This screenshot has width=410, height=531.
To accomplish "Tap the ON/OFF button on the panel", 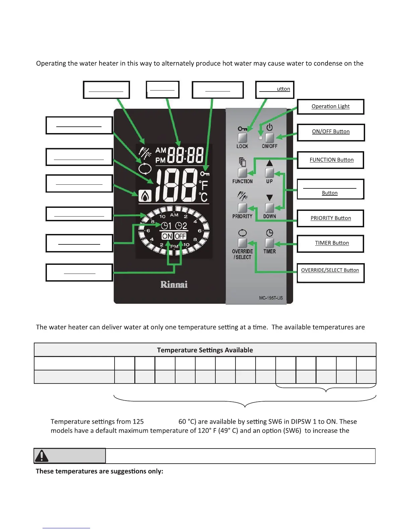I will click(x=269, y=137).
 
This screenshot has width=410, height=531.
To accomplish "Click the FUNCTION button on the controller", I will click(x=242, y=173).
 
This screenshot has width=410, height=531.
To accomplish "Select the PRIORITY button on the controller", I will click(x=242, y=208).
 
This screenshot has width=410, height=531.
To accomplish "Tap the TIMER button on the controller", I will click(x=269, y=243).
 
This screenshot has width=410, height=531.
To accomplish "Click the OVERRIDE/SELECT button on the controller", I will click(x=242, y=243).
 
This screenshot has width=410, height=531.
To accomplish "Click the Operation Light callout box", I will click(x=330, y=107).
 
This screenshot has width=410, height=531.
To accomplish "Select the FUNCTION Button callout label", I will click(x=331, y=160).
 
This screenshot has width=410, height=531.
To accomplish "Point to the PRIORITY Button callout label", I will click(x=330, y=218).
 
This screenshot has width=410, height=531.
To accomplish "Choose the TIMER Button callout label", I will click(x=331, y=243).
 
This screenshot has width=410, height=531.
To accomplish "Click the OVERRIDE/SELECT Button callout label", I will click(x=330, y=271).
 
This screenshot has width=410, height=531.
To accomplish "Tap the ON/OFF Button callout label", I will click(x=331, y=132).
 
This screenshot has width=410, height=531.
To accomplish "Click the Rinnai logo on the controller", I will click(x=174, y=285).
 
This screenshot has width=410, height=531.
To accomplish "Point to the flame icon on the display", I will click(x=145, y=196).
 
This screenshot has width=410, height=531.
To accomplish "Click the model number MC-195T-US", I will click(x=271, y=298).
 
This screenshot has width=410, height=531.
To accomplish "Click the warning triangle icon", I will click(x=42, y=456).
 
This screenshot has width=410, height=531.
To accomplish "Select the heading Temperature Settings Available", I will click(x=205, y=350).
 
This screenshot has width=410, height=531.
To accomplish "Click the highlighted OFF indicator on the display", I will click(x=180, y=236).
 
